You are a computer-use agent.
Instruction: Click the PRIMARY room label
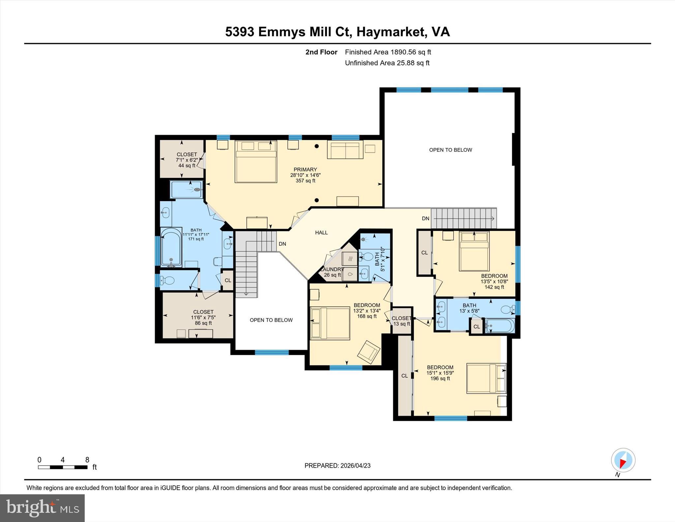tap(305, 175)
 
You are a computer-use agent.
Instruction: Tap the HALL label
tap(321, 232)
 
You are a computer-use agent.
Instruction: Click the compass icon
tap(623, 460)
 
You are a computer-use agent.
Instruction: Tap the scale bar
tap(63, 467)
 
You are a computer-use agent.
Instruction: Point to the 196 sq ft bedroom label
tap(440, 373)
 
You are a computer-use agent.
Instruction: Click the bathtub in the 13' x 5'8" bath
tap(500, 326)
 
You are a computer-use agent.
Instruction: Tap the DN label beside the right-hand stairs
tap(426, 218)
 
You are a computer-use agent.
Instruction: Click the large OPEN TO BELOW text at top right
tap(450, 150)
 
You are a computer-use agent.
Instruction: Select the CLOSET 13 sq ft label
tap(401, 321)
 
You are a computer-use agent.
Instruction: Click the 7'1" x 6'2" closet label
tap(187, 160)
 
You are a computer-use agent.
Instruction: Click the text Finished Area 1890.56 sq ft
tap(388, 52)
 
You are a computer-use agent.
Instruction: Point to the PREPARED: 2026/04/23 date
tap(337, 466)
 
